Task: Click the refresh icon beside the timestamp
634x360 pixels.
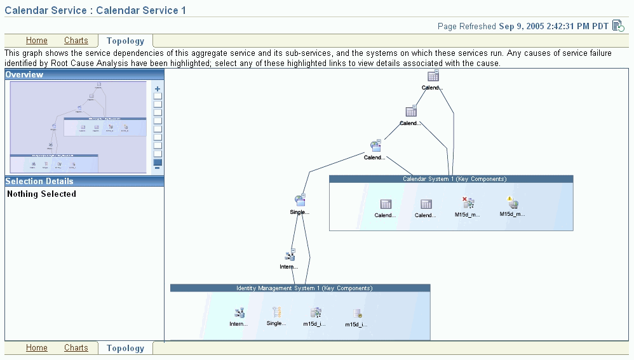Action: (618, 25)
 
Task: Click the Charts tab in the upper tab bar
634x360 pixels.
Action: (76, 41)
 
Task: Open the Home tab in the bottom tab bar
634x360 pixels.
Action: (37, 348)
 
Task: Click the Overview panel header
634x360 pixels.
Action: (24, 75)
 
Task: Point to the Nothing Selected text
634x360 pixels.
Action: (41, 194)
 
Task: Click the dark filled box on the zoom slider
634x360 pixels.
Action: (158, 163)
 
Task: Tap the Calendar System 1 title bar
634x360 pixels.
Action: (451, 179)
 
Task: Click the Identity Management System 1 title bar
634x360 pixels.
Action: (300, 288)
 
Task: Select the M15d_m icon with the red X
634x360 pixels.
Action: (468, 203)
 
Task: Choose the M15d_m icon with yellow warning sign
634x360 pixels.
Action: (513, 203)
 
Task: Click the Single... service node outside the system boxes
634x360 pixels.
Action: (300, 201)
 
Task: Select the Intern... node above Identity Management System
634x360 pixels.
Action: (290, 255)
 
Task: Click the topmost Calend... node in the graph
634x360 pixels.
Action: (433, 76)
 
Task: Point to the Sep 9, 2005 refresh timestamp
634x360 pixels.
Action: (553, 26)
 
